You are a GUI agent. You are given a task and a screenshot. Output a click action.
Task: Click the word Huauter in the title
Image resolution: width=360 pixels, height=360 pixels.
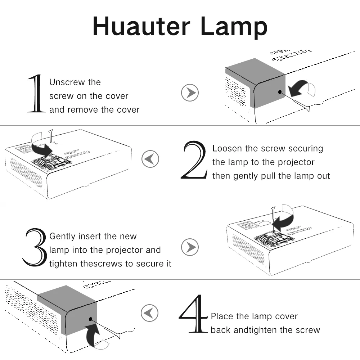(141, 27)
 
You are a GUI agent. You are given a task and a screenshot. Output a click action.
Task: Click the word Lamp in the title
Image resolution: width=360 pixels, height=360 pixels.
(234, 27)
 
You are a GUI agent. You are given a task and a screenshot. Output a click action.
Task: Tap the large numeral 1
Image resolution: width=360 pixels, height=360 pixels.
(37, 94)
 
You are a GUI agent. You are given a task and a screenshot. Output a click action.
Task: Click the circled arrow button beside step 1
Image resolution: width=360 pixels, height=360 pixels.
(190, 93)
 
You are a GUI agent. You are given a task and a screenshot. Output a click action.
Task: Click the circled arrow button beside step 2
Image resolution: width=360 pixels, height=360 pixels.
(150, 158)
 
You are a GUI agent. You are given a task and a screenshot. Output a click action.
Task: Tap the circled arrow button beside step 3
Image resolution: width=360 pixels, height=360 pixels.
(190, 247)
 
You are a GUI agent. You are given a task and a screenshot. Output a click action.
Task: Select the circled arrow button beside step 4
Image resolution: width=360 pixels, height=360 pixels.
(150, 312)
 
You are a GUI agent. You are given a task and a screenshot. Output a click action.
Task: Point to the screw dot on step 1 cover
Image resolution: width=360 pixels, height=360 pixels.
(279, 92)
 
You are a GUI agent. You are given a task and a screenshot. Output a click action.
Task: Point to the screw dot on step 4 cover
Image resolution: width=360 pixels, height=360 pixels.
(90, 319)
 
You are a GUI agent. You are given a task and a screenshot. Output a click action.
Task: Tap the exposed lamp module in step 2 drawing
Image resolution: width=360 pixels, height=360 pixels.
(52, 161)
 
